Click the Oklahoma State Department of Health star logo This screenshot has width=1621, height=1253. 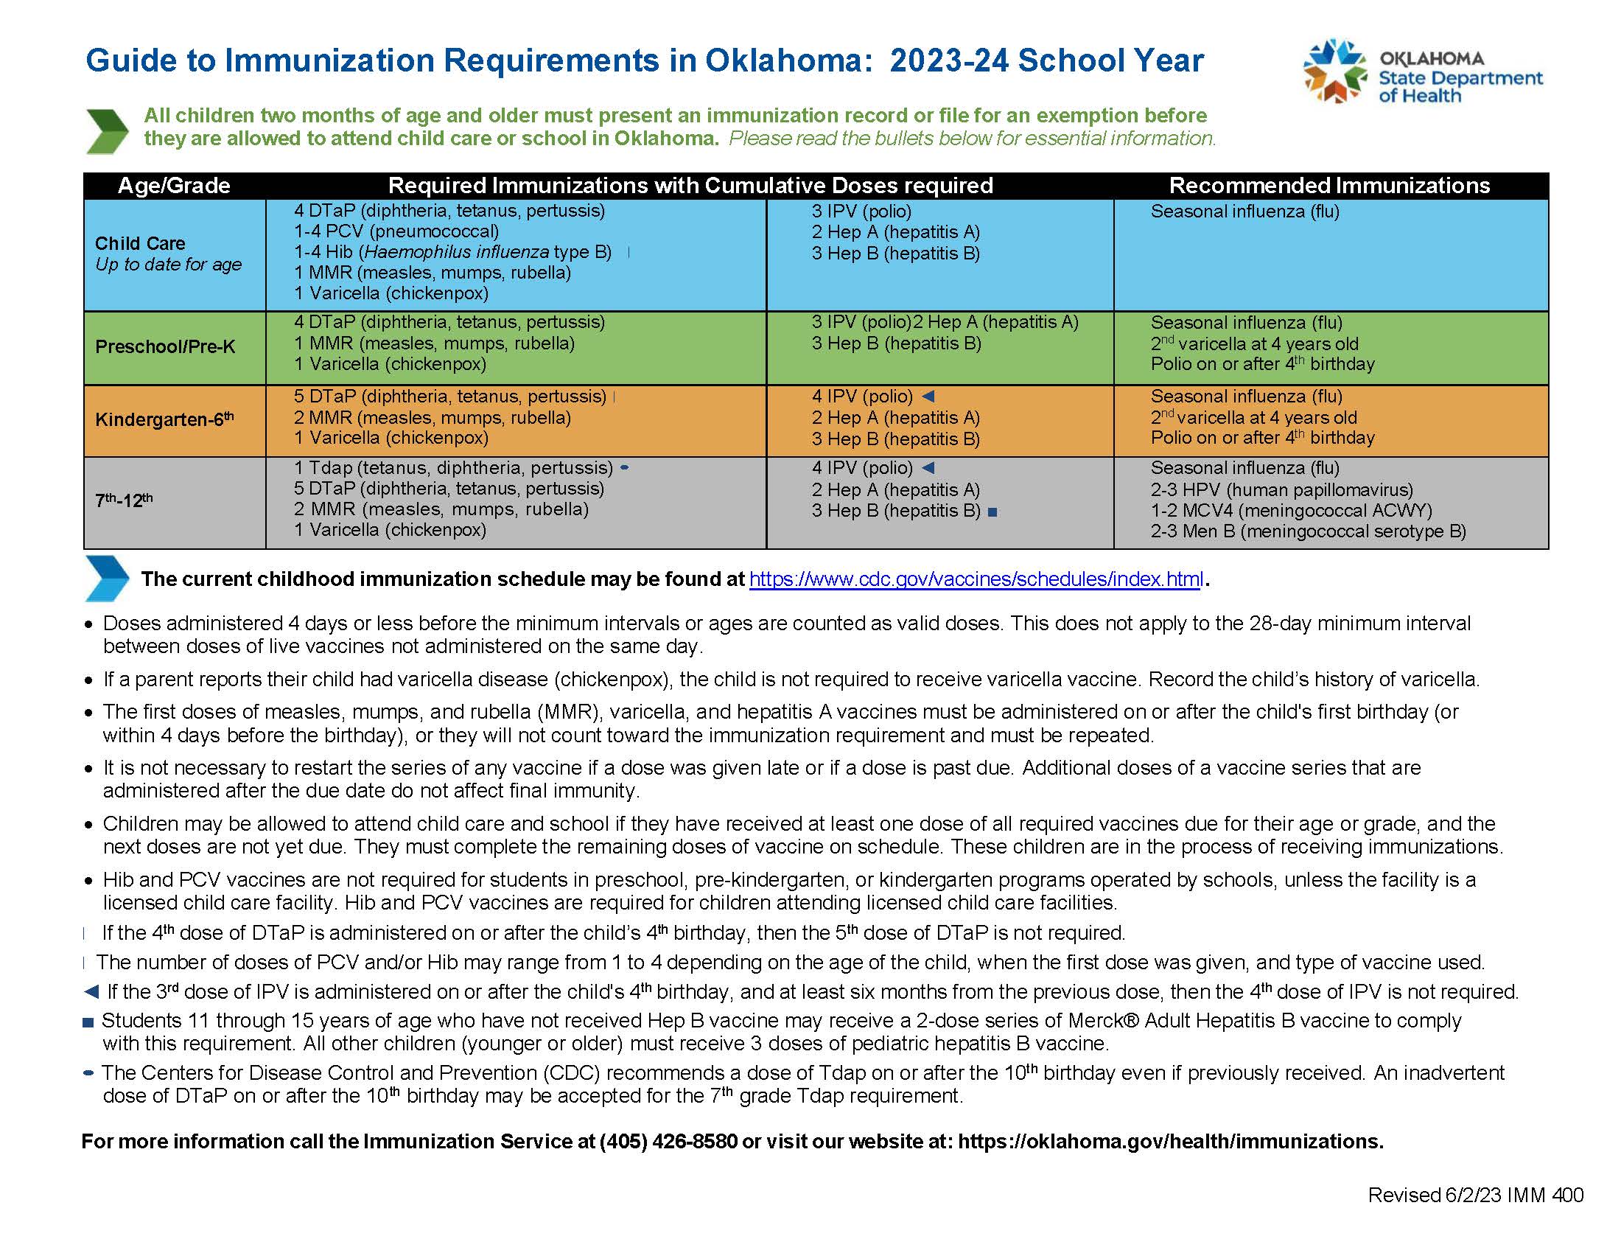coord(1334,71)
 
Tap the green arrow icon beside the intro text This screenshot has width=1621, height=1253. coord(108,130)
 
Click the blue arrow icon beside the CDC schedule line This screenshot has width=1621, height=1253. coord(108,578)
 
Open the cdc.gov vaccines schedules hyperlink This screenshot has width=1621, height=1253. coord(976,579)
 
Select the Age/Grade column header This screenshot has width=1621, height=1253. coord(174,186)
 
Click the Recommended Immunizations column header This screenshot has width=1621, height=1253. coord(1329,186)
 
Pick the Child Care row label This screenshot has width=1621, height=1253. coord(140,243)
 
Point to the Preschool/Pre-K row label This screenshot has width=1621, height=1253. coord(165,346)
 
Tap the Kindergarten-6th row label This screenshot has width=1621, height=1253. coord(164,419)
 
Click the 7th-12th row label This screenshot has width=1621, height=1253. coord(124,500)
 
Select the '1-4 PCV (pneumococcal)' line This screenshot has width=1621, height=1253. coord(396,231)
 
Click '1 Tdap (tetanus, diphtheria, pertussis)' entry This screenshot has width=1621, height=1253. coord(452,467)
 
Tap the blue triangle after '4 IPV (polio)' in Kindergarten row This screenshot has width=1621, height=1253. coord(928,397)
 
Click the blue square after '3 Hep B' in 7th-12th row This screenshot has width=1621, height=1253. coord(993,512)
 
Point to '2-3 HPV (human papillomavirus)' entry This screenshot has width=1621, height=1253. coord(1282,490)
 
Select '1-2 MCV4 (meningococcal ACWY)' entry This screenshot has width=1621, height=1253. coord(1292,511)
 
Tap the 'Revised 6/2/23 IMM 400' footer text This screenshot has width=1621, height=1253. coord(1475,1194)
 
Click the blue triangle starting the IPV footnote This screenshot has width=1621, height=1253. coord(91,991)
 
